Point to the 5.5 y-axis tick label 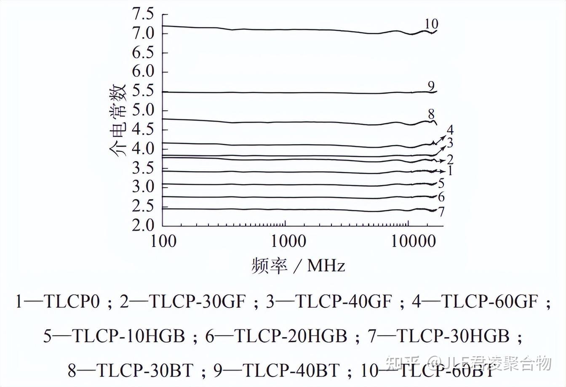pyautogui.click(x=144, y=91)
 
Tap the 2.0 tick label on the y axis pyautogui.click(x=144, y=225)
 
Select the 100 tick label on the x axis pyautogui.click(x=163, y=242)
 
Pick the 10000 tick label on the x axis pyautogui.click(x=411, y=242)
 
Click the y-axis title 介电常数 pyautogui.click(x=117, y=120)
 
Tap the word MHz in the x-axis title pyautogui.click(x=326, y=266)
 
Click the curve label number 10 pyautogui.click(x=431, y=24)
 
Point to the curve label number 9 pyautogui.click(x=431, y=86)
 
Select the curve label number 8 pyautogui.click(x=431, y=114)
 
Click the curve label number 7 pyautogui.click(x=441, y=212)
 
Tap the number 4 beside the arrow pyautogui.click(x=450, y=130)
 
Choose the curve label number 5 pyautogui.click(x=441, y=183)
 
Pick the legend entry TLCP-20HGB pyautogui.click(x=291, y=336)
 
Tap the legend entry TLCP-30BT pyautogui.click(x=145, y=370)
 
